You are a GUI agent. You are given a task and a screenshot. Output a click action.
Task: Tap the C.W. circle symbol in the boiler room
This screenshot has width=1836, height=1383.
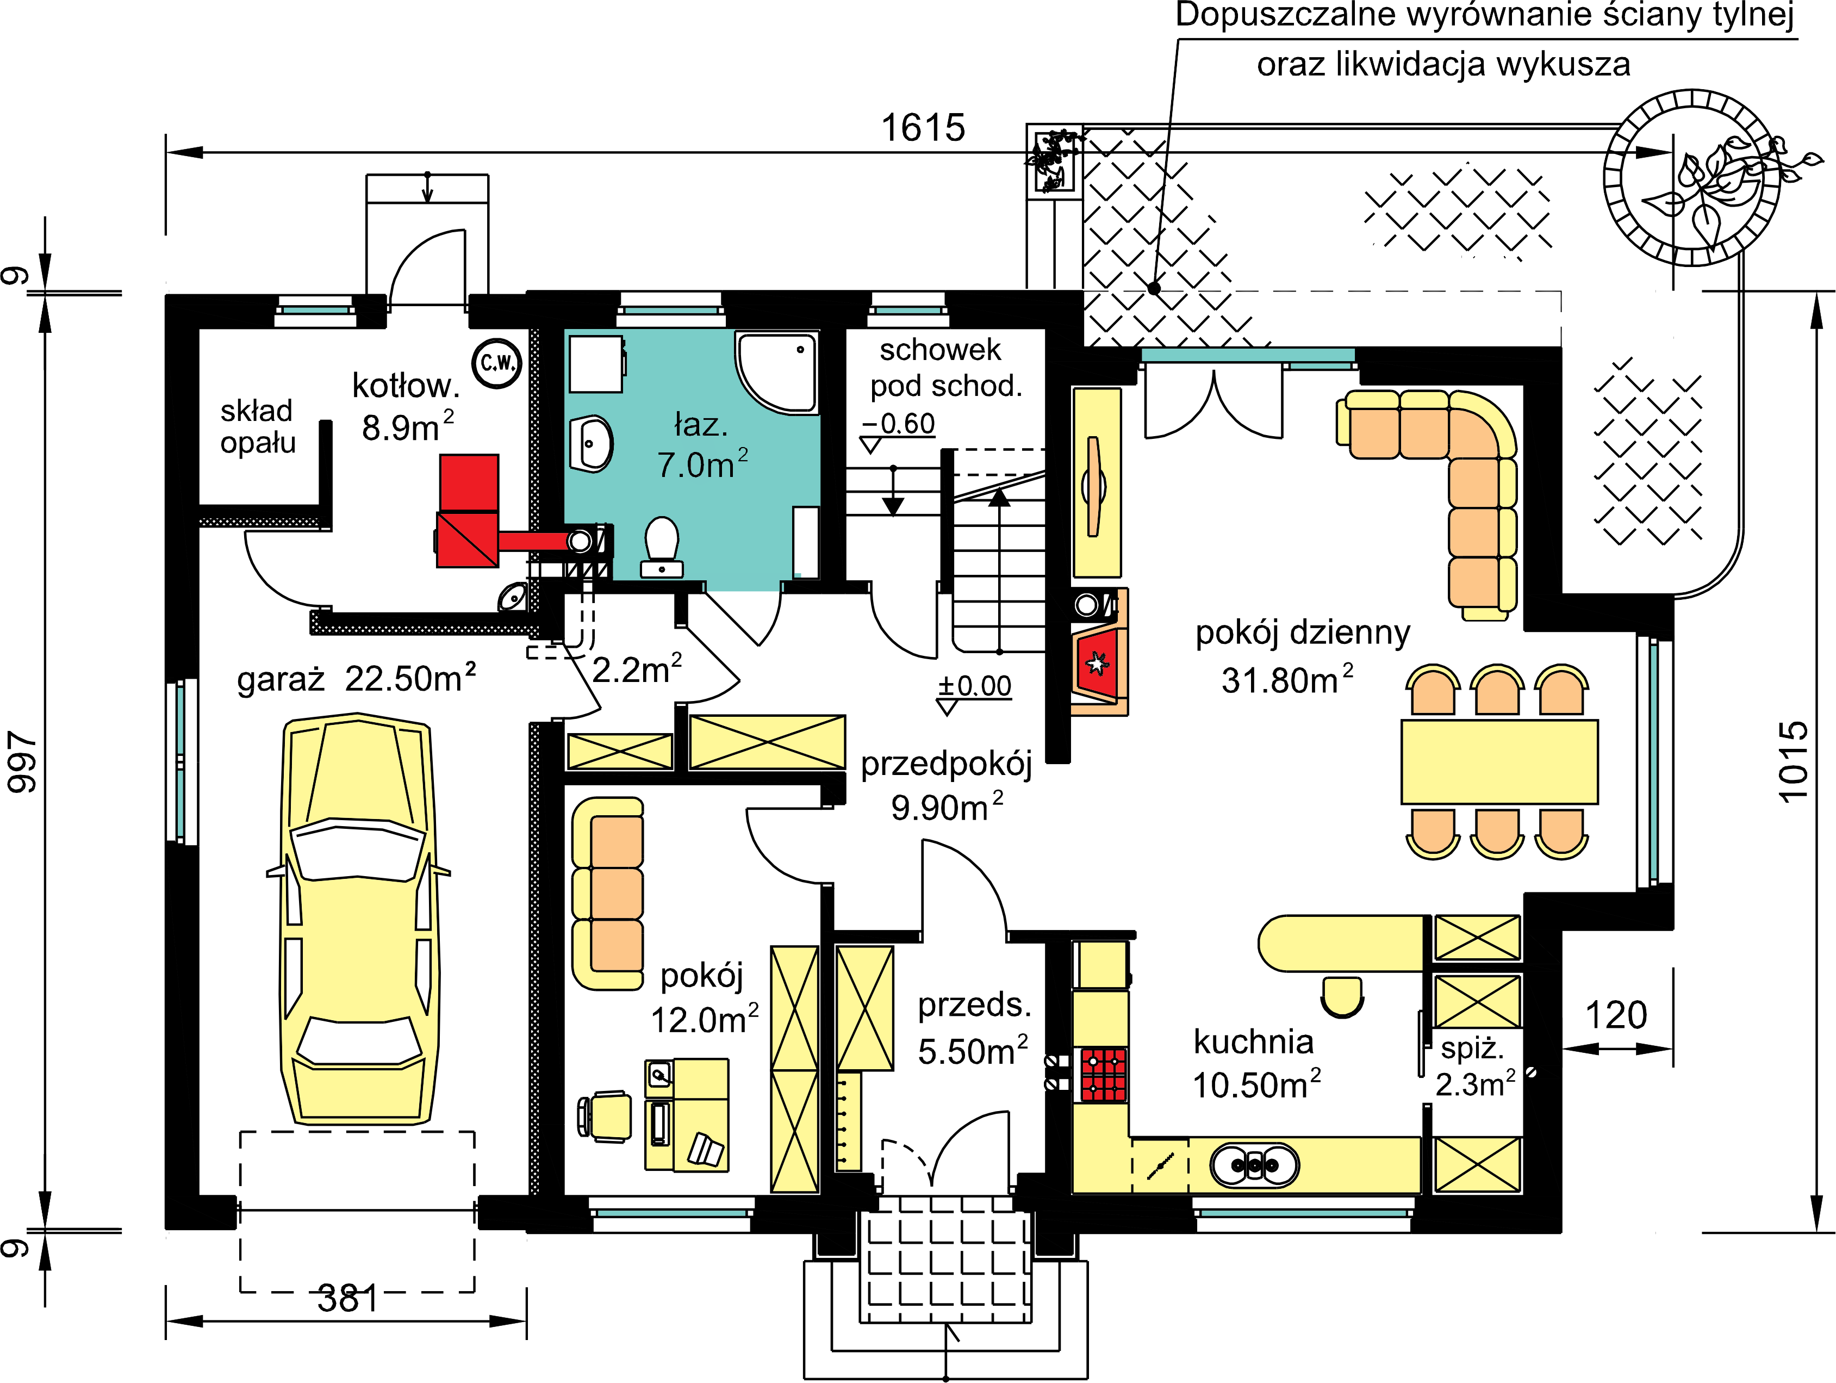pyautogui.click(x=496, y=363)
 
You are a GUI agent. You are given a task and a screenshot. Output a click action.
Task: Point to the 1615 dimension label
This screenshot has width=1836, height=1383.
pyautogui.click(x=923, y=128)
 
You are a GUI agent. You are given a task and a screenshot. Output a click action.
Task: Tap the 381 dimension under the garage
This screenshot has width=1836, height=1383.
pyautogui.click(x=348, y=1298)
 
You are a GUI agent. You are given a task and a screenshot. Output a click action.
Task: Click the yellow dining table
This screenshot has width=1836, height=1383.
pyautogui.click(x=1499, y=761)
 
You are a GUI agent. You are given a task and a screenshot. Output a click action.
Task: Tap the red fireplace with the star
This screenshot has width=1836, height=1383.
pyautogui.click(x=1098, y=663)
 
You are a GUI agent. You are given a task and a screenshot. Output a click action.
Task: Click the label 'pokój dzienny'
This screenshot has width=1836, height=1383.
pyautogui.click(x=1302, y=632)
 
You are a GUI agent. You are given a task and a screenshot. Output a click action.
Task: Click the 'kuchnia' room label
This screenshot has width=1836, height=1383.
pyautogui.click(x=1253, y=1042)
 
